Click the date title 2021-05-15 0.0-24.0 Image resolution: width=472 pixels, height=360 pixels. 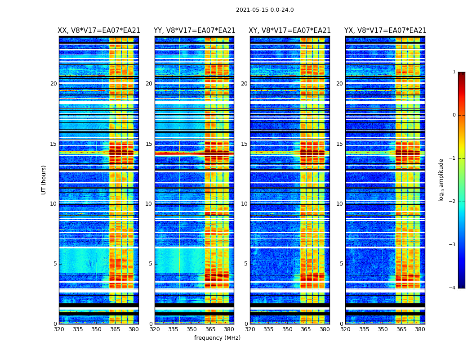tap(265, 10)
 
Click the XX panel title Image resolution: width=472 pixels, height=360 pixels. tap(99, 31)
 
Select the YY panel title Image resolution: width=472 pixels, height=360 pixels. tap(194, 31)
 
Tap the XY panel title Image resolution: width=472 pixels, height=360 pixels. tap(290, 31)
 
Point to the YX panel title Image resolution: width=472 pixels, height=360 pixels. tap(385, 31)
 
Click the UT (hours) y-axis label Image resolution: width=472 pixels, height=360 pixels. tap(44, 180)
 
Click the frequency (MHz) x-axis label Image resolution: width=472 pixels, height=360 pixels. tap(217, 338)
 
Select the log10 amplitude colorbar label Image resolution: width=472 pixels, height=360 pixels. tap(441, 180)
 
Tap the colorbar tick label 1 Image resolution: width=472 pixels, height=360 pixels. tap(454, 72)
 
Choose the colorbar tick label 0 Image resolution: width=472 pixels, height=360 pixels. tap(454, 115)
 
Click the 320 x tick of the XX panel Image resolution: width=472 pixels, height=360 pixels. tap(59, 329)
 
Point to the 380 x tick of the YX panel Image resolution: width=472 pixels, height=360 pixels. tap(420, 329)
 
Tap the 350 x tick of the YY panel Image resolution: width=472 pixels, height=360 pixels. tap(192, 329)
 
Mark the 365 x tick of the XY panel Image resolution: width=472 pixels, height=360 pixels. tap(306, 329)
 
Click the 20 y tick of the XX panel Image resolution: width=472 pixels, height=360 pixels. tap(53, 84)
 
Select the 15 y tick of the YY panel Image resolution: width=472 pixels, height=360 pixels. tap(149, 144)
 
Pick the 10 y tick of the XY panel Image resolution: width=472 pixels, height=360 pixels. tap(244, 204)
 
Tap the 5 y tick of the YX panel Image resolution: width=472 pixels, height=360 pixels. tap(341, 264)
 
